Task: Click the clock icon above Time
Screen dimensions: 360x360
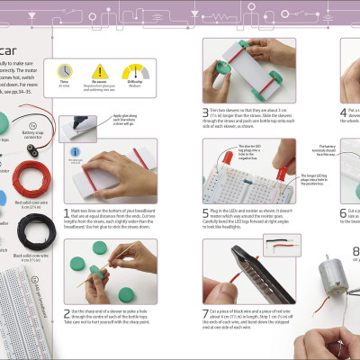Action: click(x=66, y=69)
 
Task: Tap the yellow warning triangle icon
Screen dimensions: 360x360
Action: click(x=100, y=70)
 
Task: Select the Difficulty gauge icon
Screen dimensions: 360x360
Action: click(x=132, y=70)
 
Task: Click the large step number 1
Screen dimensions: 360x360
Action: click(x=67, y=213)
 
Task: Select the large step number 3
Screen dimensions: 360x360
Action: click(x=205, y=112)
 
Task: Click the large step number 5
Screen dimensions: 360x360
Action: click(x=205, y=213)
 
